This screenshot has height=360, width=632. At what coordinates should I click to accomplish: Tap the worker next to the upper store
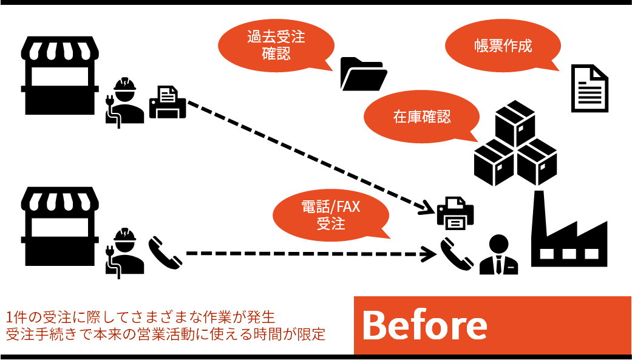125,101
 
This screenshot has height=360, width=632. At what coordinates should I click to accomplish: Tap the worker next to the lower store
125,253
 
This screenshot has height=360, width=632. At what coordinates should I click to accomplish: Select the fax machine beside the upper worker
168,101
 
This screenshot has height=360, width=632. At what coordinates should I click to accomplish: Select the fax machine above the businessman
455,213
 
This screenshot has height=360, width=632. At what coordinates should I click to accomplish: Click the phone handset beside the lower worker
165,253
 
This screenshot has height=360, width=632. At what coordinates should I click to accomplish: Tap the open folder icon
363,74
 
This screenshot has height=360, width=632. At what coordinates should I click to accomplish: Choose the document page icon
590,89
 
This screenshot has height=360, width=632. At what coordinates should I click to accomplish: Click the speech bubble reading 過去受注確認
276,46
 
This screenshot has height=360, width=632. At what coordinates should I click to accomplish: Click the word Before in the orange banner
424,326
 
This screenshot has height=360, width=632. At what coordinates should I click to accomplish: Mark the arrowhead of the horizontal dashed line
430,253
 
